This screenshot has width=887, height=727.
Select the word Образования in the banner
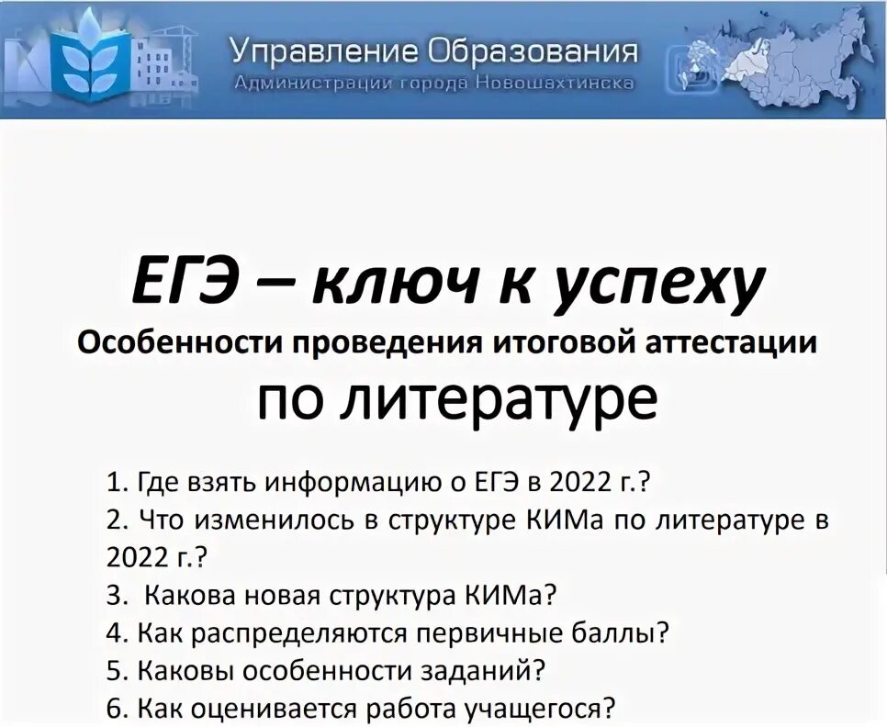533,50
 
